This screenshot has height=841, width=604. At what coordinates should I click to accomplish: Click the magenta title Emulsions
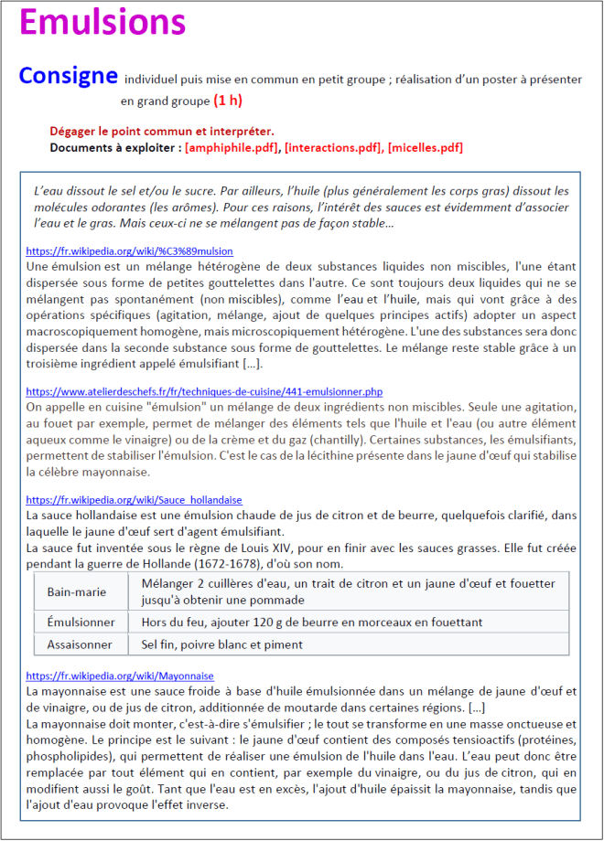point(102,24)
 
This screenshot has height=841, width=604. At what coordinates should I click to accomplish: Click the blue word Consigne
point(68,77)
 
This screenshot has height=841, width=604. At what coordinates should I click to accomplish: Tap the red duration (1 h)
point(228,100)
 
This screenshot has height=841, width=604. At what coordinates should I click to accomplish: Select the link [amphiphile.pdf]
point(232,147)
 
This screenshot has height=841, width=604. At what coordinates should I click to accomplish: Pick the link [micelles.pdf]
point(426,147)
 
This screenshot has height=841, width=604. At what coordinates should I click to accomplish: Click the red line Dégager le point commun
point(162,132)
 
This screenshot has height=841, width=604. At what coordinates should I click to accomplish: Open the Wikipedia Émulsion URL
point(129,250)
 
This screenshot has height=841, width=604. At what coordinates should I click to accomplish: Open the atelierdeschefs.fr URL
point(217,390)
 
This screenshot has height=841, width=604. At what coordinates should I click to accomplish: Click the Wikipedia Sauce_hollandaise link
point(134,500)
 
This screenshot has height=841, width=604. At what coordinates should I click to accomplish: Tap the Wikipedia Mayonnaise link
point(120,676)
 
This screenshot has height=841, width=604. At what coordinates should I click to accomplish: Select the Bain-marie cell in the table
point(77,591)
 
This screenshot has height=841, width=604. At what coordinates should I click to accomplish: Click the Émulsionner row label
point(81,622)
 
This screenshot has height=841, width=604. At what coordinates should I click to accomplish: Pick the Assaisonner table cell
point(80,644)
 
